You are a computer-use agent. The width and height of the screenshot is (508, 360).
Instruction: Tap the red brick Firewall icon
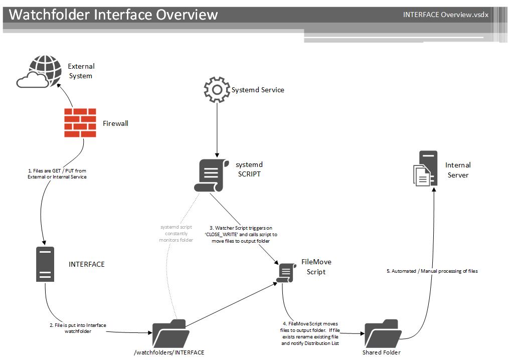80,123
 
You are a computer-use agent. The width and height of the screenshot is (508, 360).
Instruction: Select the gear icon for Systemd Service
216,90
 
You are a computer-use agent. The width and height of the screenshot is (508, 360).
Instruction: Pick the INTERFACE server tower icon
45,264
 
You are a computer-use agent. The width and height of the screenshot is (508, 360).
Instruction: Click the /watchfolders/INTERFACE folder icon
171,332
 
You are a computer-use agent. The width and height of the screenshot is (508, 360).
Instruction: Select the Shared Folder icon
383,332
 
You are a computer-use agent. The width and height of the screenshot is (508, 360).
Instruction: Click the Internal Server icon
425,169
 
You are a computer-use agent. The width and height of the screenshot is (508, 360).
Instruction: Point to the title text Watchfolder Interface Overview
113,15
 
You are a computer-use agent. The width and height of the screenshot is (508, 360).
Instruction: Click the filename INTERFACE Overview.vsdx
446,15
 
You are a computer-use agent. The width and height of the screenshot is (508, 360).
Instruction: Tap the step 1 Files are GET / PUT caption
57,173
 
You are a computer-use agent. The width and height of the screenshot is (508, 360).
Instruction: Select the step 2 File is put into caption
78,328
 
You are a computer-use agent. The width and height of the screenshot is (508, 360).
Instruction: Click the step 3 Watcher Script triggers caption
244,235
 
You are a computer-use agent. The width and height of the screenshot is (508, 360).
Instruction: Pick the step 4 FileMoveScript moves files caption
310,332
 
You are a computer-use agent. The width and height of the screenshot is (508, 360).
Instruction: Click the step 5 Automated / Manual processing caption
432,271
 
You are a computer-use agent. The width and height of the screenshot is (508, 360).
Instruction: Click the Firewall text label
115,123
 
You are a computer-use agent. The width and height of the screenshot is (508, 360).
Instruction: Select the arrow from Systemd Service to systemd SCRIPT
217,130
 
